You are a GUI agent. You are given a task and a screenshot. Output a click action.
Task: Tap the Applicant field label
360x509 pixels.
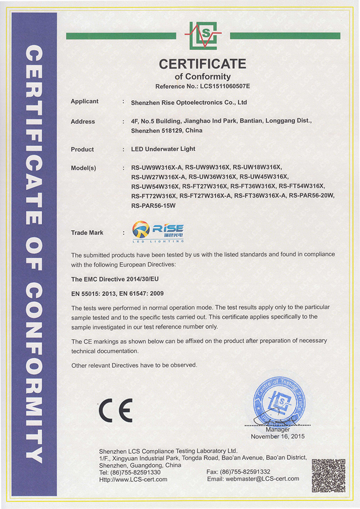pos(85,102)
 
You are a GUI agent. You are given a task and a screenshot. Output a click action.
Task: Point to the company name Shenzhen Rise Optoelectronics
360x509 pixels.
pos(189,103)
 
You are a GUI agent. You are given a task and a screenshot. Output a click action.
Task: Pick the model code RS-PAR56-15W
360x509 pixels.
pos(153,205)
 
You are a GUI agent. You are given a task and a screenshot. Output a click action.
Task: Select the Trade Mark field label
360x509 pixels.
pos(87,233)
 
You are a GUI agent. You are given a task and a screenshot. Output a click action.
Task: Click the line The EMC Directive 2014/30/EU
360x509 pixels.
pos(115,279)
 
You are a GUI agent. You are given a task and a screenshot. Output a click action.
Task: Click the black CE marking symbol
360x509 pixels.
pos(116,410)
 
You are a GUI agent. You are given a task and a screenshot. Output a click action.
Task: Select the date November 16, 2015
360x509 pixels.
pos(278,437)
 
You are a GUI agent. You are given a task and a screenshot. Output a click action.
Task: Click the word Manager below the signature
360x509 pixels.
pos(281,430)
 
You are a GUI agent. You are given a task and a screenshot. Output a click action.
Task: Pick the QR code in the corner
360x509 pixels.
pos(328,475)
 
